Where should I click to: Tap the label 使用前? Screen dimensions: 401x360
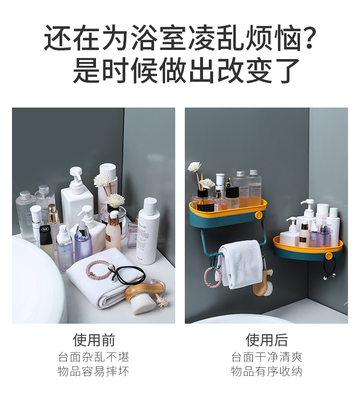click(x=94, y=340)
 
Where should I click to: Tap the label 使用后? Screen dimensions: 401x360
click(x=266, y=340)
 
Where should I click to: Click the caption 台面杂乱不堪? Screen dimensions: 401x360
click(x=94, y=357)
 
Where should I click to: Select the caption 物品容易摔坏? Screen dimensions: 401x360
click(x=94, y=372)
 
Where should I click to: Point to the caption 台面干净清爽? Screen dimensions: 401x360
click(x=266, y=357)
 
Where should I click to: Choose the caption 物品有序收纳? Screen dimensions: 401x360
click(x=266, y=372)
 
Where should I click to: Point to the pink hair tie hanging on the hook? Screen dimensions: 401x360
click(x=211, y=277)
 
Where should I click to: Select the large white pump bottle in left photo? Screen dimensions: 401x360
click(x=77, y=197)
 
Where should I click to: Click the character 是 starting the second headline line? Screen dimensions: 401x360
click(x=87, y=71)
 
